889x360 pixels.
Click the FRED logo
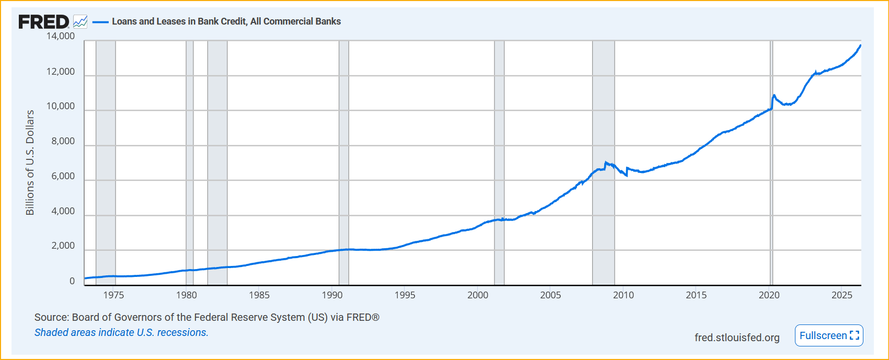(44, 22)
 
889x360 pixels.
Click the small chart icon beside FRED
(80, 22)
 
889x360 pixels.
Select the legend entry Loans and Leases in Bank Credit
(226, 21)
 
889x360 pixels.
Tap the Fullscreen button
(829, 335)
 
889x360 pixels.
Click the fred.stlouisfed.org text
(737, 338)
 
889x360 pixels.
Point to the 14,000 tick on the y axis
(60, 36)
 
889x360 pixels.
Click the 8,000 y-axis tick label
(63, 141)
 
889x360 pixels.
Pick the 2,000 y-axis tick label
(63, 246)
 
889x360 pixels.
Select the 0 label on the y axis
(72, 281)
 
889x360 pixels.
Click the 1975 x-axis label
(113, 295)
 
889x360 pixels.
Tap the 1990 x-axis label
(332, 295)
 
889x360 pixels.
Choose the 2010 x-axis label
(624, 295)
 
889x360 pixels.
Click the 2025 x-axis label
(842, 295)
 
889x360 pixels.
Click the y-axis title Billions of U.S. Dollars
(30, 162)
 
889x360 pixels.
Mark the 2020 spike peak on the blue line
(774, 95)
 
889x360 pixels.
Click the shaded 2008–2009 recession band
(603, 162)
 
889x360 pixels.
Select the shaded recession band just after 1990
(344, 162)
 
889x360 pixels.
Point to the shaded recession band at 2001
(499, 162)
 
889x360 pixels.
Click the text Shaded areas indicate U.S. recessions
(121, 332)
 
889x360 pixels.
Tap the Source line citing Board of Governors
(207, 317)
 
